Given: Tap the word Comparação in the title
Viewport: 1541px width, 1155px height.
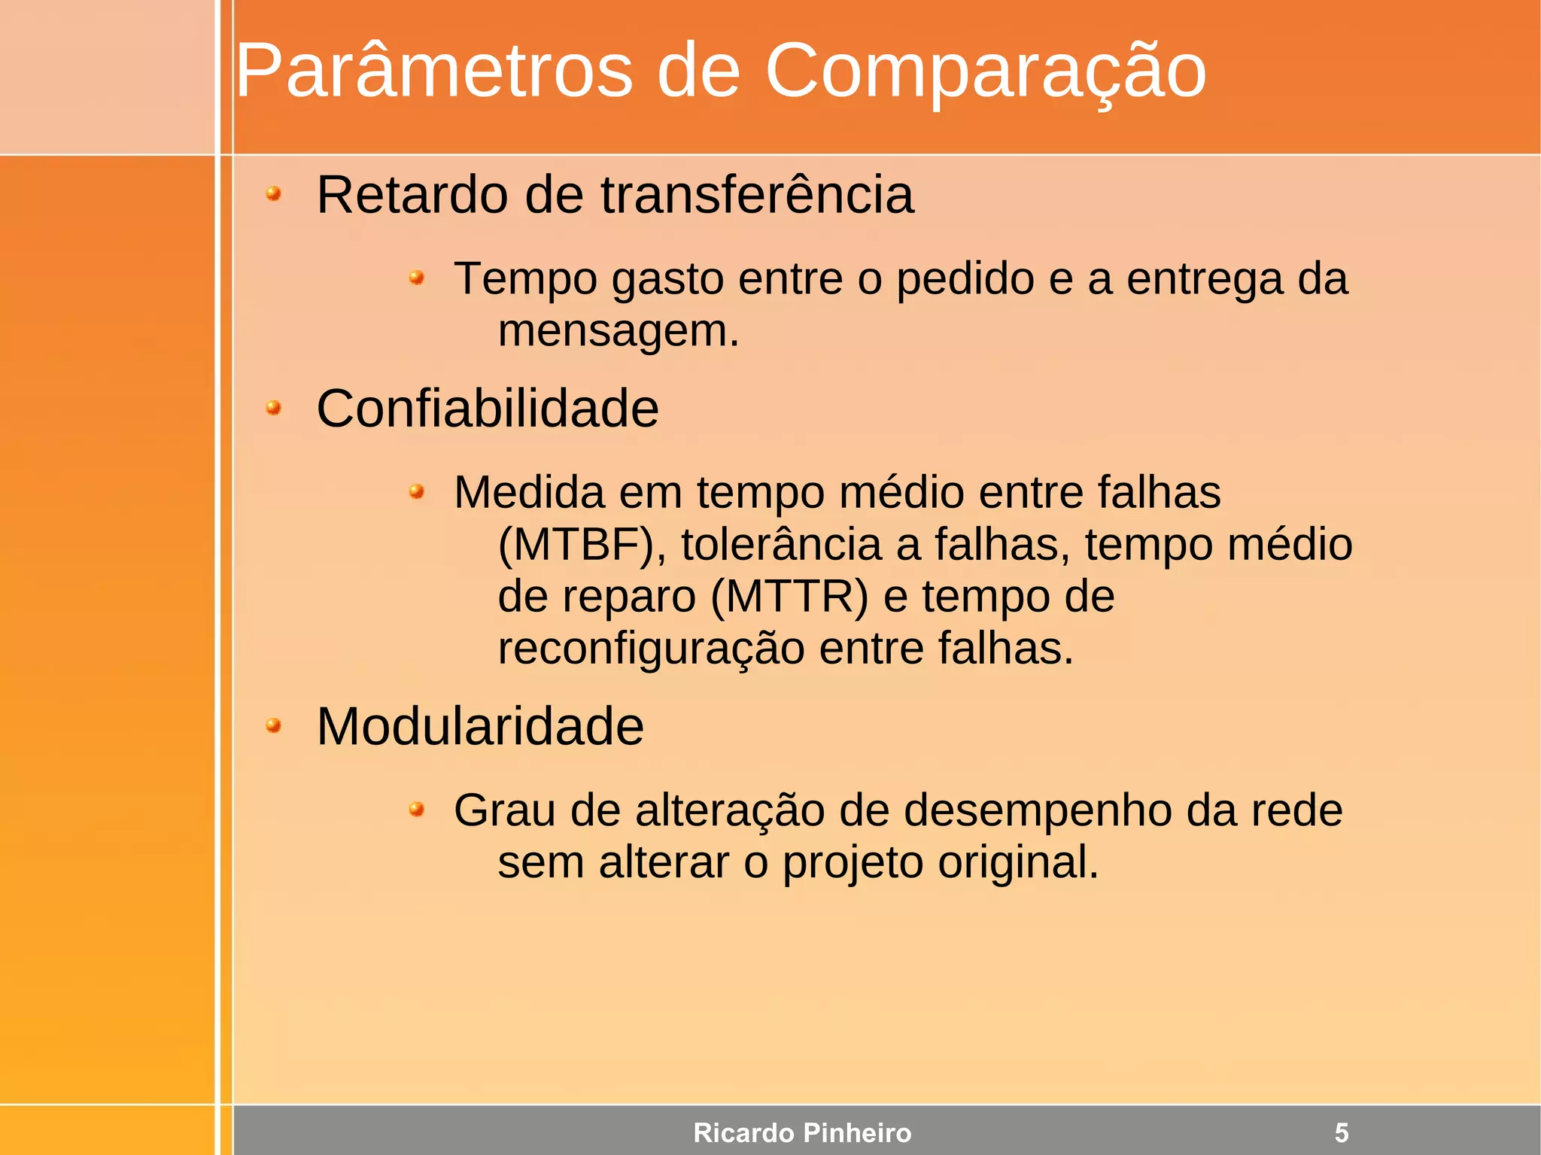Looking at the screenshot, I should pyautogui.click(x=985, y=71).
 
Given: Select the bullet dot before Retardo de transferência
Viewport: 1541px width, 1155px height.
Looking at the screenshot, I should pyautogui.click(x=274, y=195).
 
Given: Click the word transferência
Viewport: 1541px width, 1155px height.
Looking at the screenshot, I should pyautogui.click(x=757, y=195).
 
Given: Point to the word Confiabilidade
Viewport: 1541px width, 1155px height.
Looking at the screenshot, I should pyautogui.click(x=488, y=409).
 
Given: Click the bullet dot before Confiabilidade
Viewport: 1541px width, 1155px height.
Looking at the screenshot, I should pyautogui.click(x=274, y=409).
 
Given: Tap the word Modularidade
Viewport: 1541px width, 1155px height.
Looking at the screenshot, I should pyautogui.click(x=480, y=726).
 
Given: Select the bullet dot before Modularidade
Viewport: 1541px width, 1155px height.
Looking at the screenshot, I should pyautogui.click(x=274, y=726).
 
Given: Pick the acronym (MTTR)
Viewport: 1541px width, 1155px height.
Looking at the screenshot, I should pyautogui.click(x=789, y=596).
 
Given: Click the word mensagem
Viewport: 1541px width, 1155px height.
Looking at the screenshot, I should pyautogui.click(x=618, y=331).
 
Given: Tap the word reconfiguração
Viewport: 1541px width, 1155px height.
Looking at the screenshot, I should pyautogui.click(x=651, y=648).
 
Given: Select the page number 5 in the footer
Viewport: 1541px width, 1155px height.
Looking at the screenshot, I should pyautogui.click(x=1342, y=1132).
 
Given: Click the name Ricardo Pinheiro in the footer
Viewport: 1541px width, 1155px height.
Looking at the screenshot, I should pyautogui.click(x=802, y=1132).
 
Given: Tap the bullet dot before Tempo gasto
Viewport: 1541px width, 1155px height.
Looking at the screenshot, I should pyautogui.click(x=417, y=279).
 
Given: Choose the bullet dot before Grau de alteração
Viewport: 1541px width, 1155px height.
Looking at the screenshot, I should pyautogui.click(x=417, y=810).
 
